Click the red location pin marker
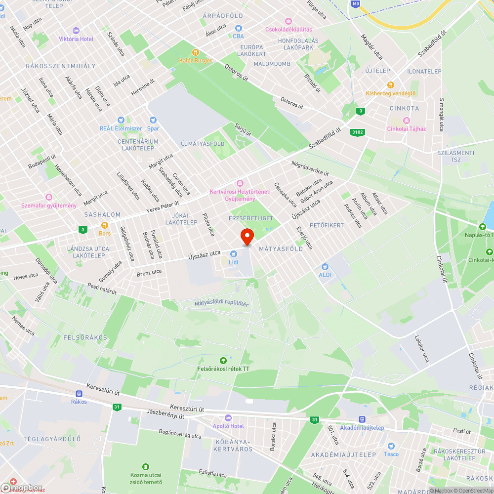point(247,236)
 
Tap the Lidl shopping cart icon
point(234,253)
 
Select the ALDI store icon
point(325,266)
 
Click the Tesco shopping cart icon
point(391,446)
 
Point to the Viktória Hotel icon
point(75,31)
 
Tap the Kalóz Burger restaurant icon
point(196,52)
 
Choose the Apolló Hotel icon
point(228,418)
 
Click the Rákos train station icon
point(79,394)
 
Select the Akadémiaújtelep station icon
point(362,419)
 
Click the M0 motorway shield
point(356,4)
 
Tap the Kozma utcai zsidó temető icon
point(145,466)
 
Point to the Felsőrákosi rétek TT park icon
point(223,360)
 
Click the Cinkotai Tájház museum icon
point(407,121)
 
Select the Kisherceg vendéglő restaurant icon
point(391,85)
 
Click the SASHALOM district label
point(102,215)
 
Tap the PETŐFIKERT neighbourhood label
point(327,225)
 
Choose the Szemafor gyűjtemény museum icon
point(48,197)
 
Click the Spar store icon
point(153,120)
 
